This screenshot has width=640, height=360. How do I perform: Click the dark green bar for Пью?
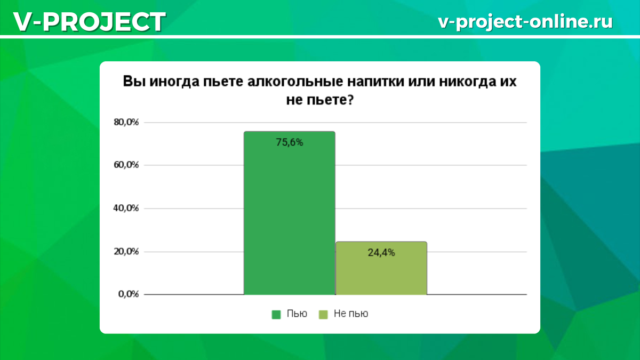290,213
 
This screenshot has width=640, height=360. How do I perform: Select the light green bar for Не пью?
381,268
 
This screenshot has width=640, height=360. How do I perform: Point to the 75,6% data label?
290,142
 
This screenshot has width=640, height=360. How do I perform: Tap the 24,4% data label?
381,253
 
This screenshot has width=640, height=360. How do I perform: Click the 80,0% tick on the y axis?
126,122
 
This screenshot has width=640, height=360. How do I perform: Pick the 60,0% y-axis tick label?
126,165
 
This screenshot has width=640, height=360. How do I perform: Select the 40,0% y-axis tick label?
126,209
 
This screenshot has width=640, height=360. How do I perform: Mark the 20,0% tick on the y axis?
126,251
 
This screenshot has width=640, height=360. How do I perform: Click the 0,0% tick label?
129,294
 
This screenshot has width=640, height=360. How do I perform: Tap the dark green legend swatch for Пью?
276,315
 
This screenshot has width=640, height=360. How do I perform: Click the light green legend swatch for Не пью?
323,315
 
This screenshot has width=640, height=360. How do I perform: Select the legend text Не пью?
351,314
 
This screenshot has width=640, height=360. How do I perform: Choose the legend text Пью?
297,314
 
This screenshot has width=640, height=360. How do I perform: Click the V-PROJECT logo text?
90,22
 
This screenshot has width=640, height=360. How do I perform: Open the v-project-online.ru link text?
525,21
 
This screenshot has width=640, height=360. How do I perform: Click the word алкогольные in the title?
295,82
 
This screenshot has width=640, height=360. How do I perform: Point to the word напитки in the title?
375,82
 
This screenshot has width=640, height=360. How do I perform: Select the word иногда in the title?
174,82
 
